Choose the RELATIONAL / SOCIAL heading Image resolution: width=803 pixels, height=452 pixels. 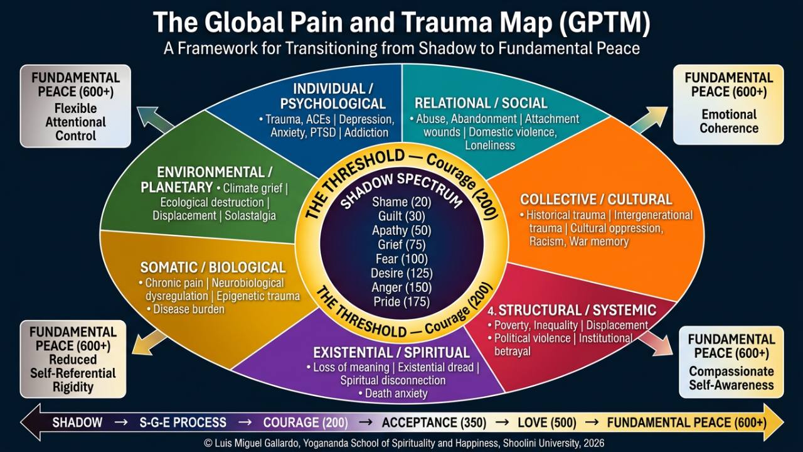[481, 103]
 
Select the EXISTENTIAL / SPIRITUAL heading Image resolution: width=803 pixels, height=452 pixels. [391, 352]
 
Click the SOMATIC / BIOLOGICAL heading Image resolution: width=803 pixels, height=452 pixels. [213, 267]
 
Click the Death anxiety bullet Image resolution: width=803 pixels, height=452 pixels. [392, 394]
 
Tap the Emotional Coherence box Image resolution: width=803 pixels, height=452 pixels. [728, 104]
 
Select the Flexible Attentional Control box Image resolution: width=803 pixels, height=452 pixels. [75, 107]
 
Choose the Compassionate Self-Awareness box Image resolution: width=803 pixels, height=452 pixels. [731, 362]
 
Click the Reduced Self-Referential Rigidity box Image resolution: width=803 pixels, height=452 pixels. [73, 359]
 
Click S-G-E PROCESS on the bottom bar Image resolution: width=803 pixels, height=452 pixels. [174, 422]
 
